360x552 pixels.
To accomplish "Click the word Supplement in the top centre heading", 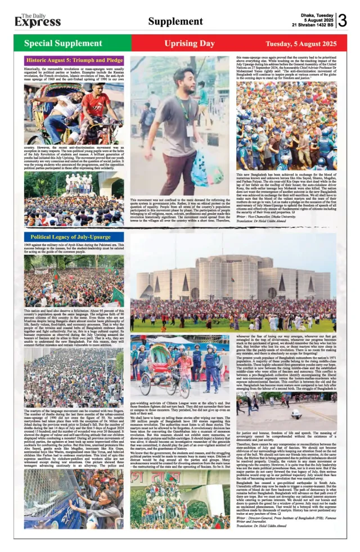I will pyautogui.click(x=175, y=21).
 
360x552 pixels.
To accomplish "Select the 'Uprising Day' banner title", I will pyautogui.click(x=189, y=43).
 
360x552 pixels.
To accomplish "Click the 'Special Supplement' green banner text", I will pyautogui.click(x=63, y=43).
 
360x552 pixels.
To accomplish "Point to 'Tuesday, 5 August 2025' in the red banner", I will pyautogui.click(x=301, y=43).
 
